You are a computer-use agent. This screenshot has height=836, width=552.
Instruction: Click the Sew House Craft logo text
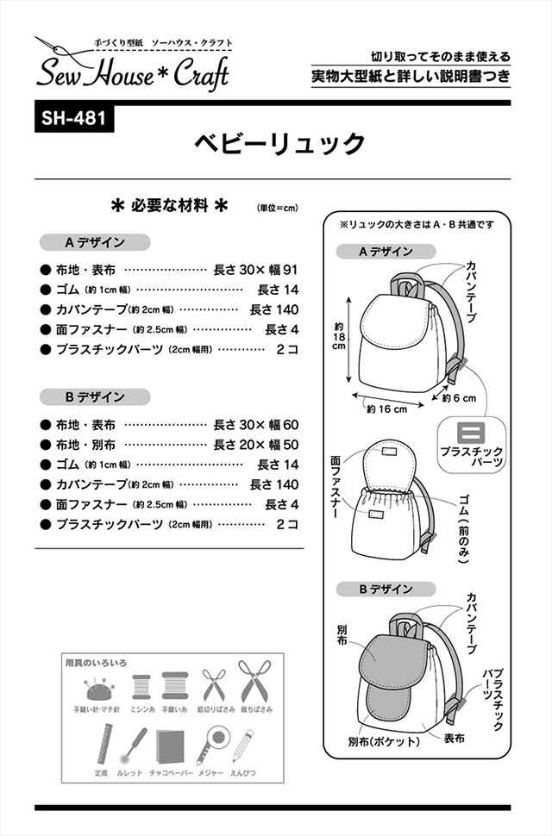(x=132, y=74)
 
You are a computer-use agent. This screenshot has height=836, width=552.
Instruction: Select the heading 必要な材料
(x=170, y=206)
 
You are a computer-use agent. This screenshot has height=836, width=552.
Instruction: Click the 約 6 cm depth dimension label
(x=459, y=398)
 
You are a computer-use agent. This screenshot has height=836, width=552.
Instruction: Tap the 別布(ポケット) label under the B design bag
(x=384, y=740)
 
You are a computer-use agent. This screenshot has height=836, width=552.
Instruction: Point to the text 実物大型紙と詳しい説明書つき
(x=411, y=77)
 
